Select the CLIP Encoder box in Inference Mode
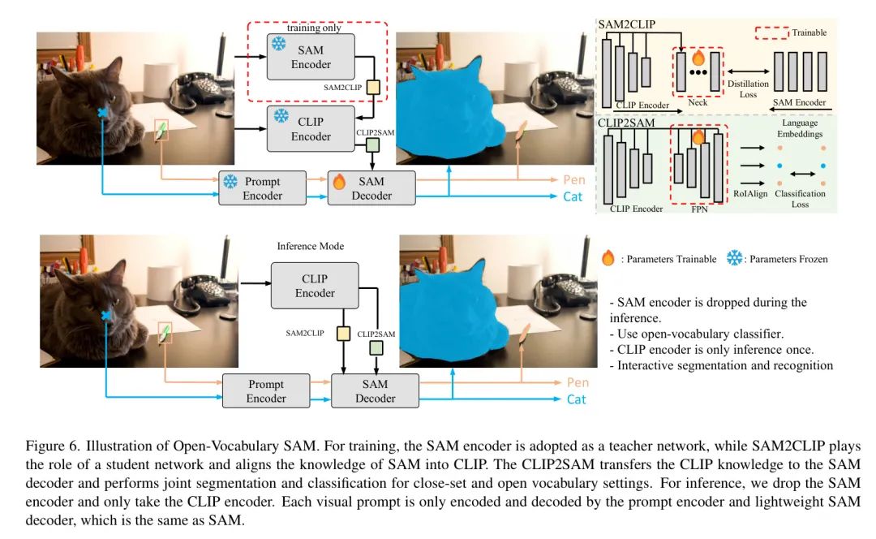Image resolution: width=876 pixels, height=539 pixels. pos(315,286)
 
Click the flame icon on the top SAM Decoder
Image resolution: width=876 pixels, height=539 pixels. pos(340,180)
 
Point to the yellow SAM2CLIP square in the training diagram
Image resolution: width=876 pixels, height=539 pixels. pos(373,87)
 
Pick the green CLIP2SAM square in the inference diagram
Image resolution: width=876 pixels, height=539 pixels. pos(375,347)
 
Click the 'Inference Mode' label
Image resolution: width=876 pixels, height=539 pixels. pos(311,246)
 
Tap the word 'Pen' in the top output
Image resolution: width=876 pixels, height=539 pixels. pos(575,179)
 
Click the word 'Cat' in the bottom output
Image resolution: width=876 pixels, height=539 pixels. pos(576,399)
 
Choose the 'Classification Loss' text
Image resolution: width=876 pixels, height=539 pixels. pos(800,199)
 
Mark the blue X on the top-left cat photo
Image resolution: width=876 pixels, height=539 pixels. pos(103,112)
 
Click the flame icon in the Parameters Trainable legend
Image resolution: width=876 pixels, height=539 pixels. pos(608,258)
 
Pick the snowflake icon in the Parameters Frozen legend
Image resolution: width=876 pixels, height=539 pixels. pos(735,258)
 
